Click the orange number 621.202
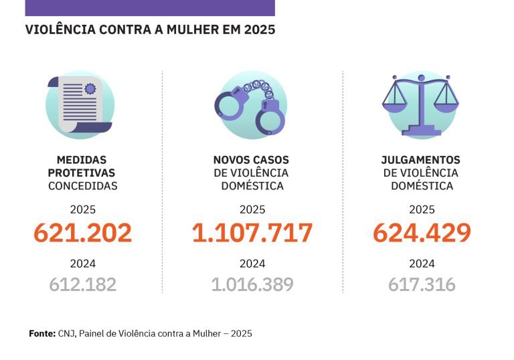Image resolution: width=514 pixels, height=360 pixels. tap(82, 233)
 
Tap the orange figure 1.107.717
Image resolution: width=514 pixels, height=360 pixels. tap(252, 233)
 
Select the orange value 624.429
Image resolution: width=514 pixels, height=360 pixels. tap(422, 233)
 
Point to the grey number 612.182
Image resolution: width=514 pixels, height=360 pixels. tap(82, 284)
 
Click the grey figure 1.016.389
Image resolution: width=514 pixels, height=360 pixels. tap(252, 284)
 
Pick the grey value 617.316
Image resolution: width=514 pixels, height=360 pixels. tap(422, 284)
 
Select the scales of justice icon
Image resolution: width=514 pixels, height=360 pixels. tap(422, 104)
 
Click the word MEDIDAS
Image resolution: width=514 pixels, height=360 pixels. tap(82, 161)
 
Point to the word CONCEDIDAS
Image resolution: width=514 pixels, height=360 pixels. tap(82, 186)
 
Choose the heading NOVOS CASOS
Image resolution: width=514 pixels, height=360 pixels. tap(251, 161)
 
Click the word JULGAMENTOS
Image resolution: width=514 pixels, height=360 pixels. tap(420, 161)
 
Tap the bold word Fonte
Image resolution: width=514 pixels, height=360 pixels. tap(42, 333)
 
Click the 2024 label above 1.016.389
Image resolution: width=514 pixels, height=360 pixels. tap(252, 264)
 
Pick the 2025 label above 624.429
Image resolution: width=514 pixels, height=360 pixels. tap(422, 209)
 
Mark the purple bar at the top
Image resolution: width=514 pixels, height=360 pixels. tap(150, 7)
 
